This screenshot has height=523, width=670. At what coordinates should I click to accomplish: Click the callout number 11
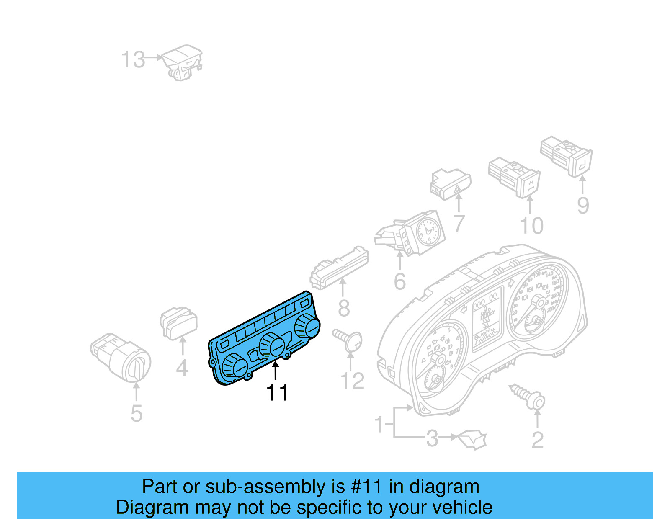tap(277, 393)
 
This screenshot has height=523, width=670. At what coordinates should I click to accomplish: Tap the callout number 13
tap(133, 59)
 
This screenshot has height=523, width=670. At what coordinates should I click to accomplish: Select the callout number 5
tap(137, 413)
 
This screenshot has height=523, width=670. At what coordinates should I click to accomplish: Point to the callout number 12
tap(353, 381)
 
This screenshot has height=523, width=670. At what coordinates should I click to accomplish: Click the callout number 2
tap(537, 440)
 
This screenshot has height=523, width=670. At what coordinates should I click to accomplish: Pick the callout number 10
tap(531, 226)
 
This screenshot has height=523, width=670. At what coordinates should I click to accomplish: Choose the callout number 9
tap(583, 205)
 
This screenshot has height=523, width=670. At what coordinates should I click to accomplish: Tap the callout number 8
tap(343, 308)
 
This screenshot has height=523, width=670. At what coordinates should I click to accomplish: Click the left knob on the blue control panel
tap(234, 366)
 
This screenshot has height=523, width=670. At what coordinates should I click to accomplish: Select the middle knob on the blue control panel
tap(272, 345)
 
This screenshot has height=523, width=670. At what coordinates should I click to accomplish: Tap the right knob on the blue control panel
tap(307, 327)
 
